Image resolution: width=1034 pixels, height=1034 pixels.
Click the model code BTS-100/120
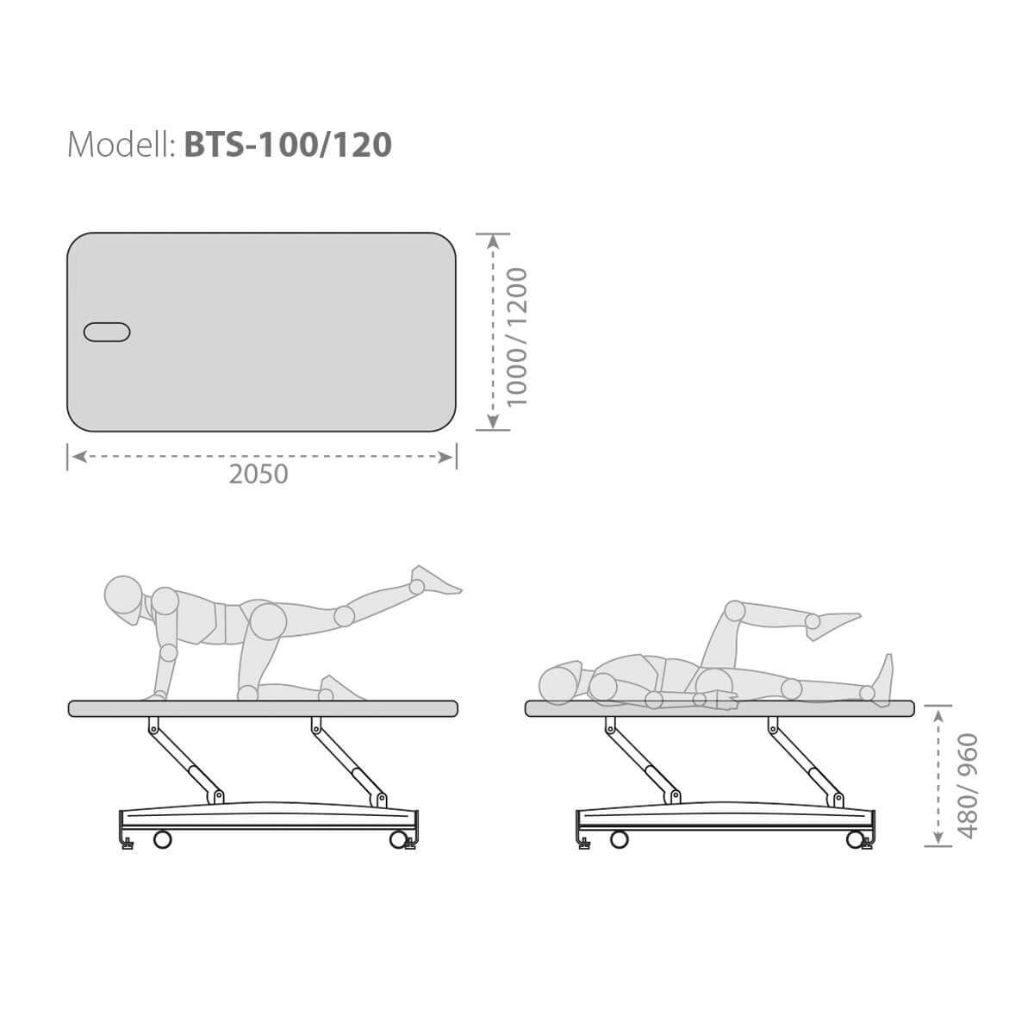click(288, 145)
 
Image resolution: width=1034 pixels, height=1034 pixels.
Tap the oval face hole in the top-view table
click(107, 332)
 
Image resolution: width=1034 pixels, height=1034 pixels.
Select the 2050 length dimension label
click(258, 474)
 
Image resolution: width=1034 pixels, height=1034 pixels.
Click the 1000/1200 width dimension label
click(517, 338)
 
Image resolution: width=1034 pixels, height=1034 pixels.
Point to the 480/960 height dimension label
click(969, 786)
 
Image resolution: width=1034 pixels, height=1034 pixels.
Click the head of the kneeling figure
click(124, 596)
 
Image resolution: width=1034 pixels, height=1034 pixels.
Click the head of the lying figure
click(559, 683)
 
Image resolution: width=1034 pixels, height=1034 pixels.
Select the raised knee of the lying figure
click(735, 612)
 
